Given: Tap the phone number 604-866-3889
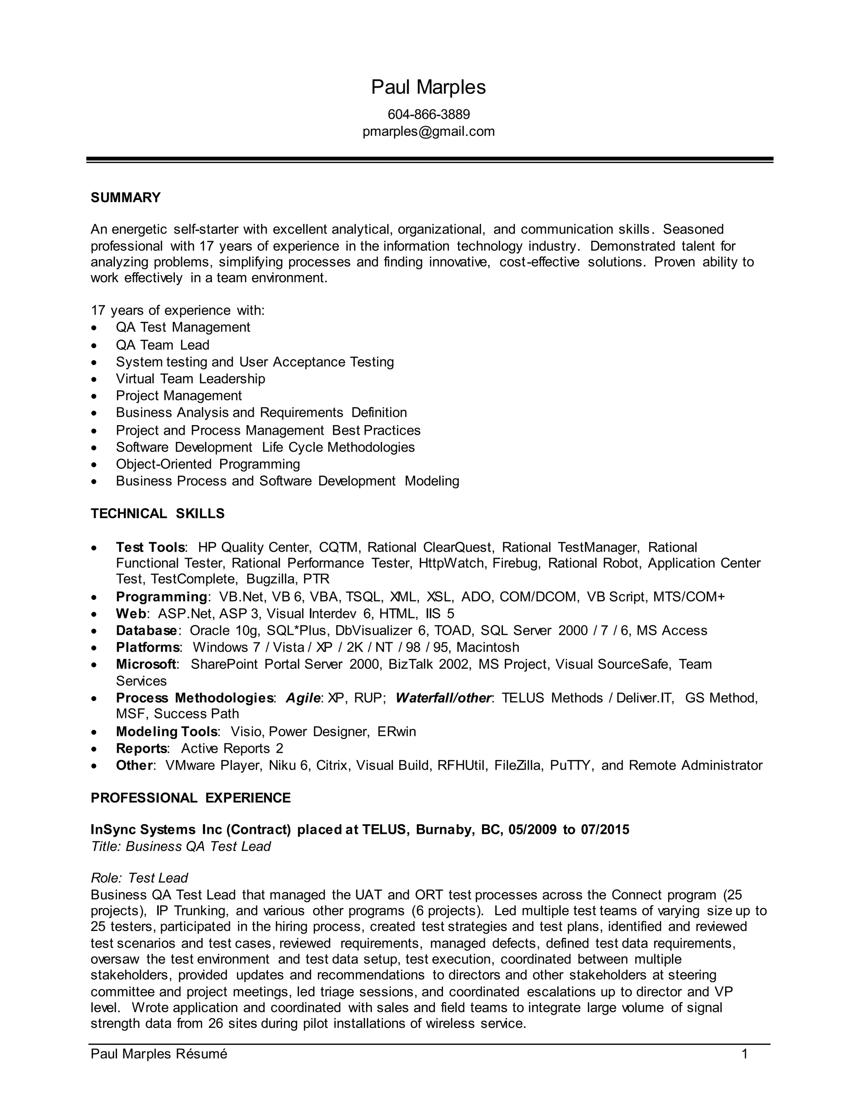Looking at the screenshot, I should tap(429, 114).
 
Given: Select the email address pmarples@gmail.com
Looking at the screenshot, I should tap(429, 131).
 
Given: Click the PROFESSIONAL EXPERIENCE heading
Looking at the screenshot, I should tap(190, 798).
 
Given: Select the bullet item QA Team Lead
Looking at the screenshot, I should tap(162, 345).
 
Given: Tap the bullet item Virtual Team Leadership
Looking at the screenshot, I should tap(190, 379).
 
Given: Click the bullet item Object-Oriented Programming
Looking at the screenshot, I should tap(208, 464).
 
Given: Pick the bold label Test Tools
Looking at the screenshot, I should tap(150, 548).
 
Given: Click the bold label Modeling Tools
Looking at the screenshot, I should tap(167, 732).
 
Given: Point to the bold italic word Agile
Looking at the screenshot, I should tap(303, 698).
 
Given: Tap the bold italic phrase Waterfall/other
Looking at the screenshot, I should tap(443, 698).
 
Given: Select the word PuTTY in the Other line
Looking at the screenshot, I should tap(571, 765).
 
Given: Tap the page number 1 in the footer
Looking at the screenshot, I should tap(744, 1054).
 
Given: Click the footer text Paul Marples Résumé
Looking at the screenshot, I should tap(159, 1054).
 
